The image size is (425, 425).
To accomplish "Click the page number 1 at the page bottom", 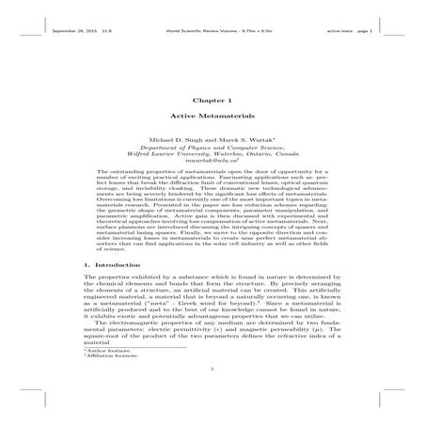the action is [x=212, y=407].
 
